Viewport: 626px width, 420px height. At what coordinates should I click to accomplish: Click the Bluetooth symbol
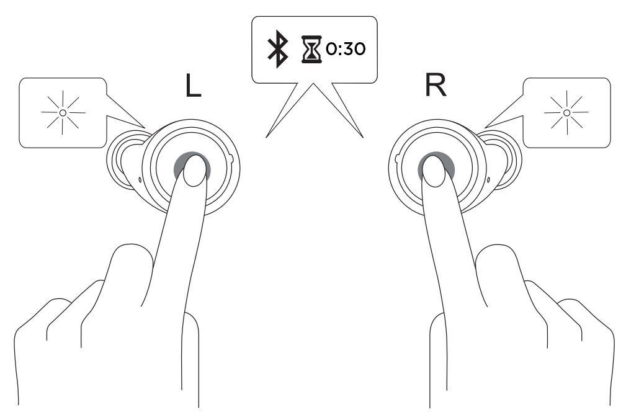click(x=277, y=48)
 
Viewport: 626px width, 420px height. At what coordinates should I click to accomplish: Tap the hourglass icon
click(x=311, y=49)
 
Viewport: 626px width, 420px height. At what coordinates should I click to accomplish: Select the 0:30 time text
click(x=346, y=49)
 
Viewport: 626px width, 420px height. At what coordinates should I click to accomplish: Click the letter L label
click(x=193, y=86)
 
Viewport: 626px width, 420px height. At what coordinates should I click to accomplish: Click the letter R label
click(x=436, y=85)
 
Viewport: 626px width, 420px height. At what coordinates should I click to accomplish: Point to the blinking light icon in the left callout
click(x=63, y=112)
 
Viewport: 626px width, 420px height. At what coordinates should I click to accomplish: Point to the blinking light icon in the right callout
click(x=566, y=112)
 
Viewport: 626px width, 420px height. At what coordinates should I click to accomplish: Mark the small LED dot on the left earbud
click(x=140, y=180)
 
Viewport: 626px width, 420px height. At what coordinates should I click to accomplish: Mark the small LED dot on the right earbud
click(x=489, y=180)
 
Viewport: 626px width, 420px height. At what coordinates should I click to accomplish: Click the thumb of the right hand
click(x=499, y=272)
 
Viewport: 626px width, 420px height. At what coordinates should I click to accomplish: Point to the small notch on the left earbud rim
click(x=231, y=159)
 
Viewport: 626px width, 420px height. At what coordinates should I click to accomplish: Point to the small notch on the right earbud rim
click(x=397, y=159)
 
